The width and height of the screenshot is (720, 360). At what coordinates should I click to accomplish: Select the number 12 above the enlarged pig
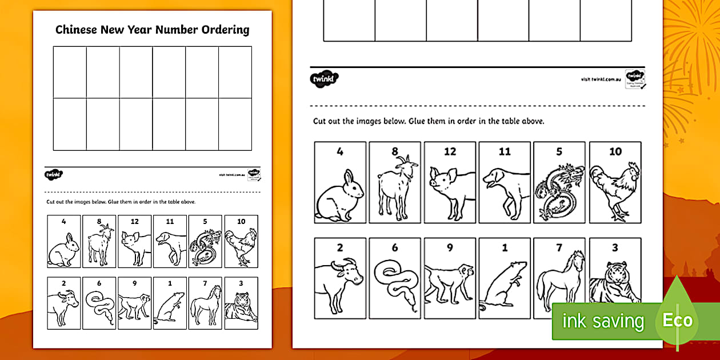[x=450, y=151]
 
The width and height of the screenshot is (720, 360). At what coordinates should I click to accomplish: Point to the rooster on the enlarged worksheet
[x=615, y=191]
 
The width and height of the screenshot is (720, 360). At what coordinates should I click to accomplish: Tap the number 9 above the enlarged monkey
[x=450, y=248]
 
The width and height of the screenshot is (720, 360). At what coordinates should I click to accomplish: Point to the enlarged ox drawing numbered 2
[x=341, y=283]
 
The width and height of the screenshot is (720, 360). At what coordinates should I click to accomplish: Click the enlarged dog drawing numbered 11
[x=503, y=191]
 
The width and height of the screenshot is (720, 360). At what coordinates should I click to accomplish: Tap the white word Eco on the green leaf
[x=677, y=321]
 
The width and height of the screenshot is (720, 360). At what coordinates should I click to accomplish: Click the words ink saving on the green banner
[x=603, y=321]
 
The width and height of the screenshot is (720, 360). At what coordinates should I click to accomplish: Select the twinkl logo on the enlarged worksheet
[x=325, y=78]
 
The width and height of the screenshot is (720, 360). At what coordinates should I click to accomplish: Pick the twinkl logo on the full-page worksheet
[x=54, y=174]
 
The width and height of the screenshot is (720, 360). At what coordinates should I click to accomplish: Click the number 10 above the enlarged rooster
[x=615, y=151]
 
